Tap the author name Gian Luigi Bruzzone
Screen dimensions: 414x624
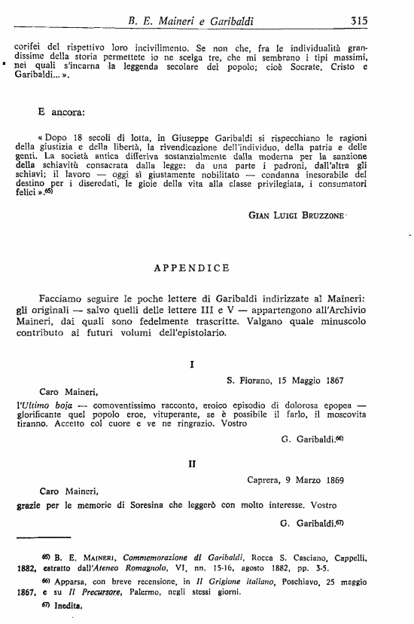click(x=297, y=215)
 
